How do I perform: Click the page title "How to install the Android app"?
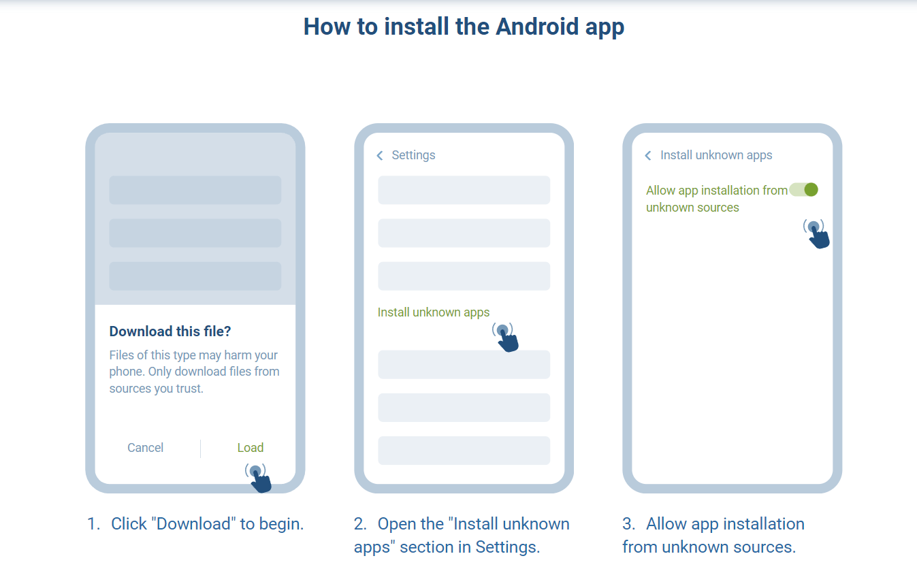(464, 27)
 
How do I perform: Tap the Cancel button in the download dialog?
(145, 448)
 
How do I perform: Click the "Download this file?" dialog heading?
(170, 331)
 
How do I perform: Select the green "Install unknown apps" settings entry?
(434, 312)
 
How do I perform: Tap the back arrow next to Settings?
(380, 156)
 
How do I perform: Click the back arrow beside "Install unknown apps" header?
(648, 156)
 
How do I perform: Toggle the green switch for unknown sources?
(803, 190)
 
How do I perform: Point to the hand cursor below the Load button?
(259, 478)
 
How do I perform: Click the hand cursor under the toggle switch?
(817, 234)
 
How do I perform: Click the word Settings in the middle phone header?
(413, 155)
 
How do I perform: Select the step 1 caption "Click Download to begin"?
(195, 524)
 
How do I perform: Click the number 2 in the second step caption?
(359, 524)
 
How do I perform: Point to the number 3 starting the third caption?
(628, 524)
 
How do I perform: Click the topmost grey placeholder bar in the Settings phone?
(464, 190)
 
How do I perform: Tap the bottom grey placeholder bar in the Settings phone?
(464, 451)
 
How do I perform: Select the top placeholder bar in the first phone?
(195, 190)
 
